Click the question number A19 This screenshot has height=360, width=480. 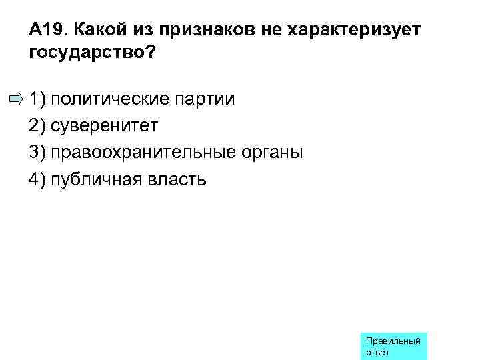(48, 31)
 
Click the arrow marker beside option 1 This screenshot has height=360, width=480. (15, 100)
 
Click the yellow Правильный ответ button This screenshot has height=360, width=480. (393, 346)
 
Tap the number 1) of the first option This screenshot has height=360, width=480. (37, 100)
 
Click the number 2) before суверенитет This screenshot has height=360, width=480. (37, 126)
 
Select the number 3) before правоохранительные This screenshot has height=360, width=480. (37, 153)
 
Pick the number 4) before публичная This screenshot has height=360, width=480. (37, 179)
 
